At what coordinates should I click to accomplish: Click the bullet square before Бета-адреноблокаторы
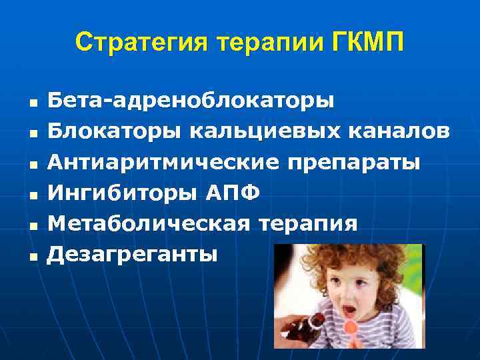[x=31, y=103]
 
